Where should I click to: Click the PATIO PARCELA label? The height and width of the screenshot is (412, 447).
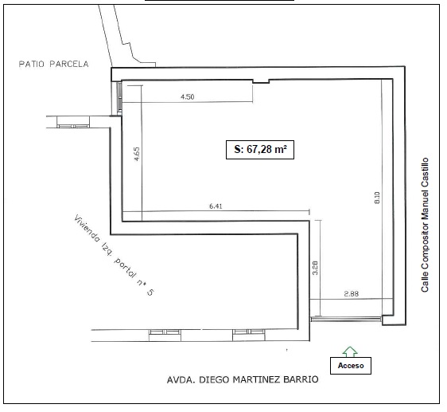point(53,64)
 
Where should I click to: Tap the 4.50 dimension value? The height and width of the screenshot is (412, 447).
point(187,97)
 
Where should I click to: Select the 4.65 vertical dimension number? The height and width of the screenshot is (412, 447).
point(137,154)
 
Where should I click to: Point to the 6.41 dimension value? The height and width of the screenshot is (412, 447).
point(216,206)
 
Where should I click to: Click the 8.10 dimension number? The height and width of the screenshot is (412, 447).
point(377,198)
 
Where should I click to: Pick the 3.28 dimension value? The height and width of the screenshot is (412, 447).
point(315,268)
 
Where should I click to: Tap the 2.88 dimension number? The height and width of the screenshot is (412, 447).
point(352,294)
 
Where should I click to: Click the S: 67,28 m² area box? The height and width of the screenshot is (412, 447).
point(260,150)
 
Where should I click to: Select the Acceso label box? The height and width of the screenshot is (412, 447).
point(351,366)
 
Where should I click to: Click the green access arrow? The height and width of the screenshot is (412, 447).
point(350,351)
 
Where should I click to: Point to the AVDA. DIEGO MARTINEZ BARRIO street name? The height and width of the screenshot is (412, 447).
point(243,379)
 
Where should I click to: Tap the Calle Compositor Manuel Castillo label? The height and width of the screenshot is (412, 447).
point(425,225)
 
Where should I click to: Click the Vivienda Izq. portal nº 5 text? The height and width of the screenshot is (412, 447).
point(114,255)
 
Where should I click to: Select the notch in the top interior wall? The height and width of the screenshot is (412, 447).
point(261,82)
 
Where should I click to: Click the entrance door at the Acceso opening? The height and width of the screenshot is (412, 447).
point(346,318)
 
